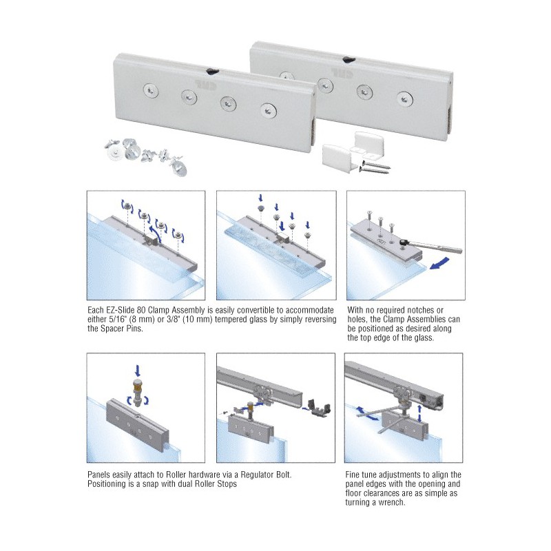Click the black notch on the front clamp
(x=213, y=72)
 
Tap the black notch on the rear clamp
(x=349, y=60)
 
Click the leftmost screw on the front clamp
(x=151, y=91)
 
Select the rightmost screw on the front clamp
(x=269, y=110)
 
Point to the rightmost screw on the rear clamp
(x=405, y=98)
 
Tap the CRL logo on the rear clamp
(x=341, y=72)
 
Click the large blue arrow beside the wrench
(x=439, y=263)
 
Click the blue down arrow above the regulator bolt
(x=137, y=370)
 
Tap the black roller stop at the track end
(x=319, y=408)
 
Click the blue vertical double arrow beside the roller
(x=420, y=413)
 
